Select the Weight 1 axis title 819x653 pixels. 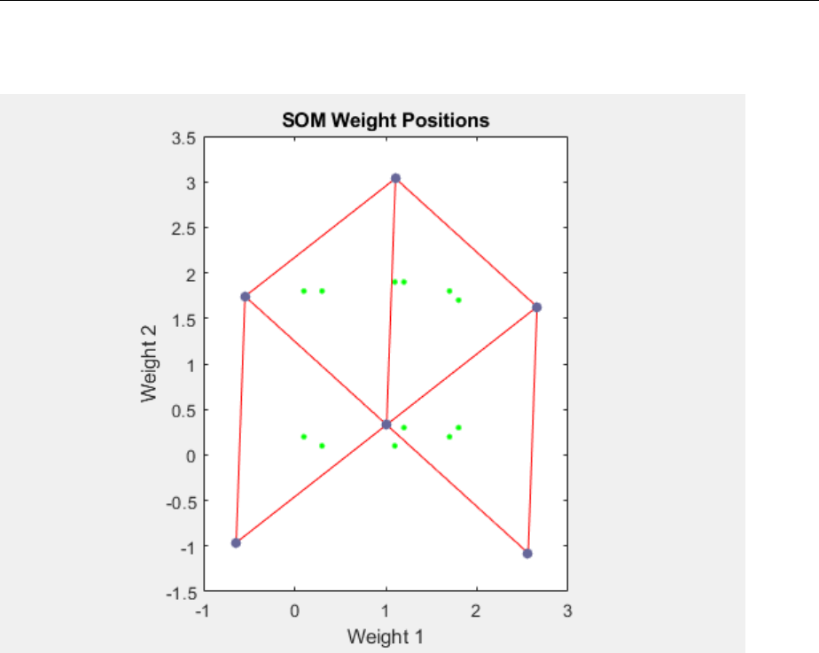click(x=386, y=636)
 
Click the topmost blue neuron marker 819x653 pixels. click(x=395, y=178)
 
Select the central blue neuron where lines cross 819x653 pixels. click(x=386, y=424)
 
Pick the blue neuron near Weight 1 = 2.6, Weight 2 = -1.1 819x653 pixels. click(x=527, y=554)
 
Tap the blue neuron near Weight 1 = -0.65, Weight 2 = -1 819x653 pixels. click(x=236, y=542)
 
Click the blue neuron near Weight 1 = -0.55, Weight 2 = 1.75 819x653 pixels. click(x=245, y=296)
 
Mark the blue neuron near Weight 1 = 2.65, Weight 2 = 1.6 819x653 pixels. click(x=536, y=307)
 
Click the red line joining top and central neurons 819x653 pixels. click(x=391, y=301)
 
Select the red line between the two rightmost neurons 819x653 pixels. click(x=532, y=431)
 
